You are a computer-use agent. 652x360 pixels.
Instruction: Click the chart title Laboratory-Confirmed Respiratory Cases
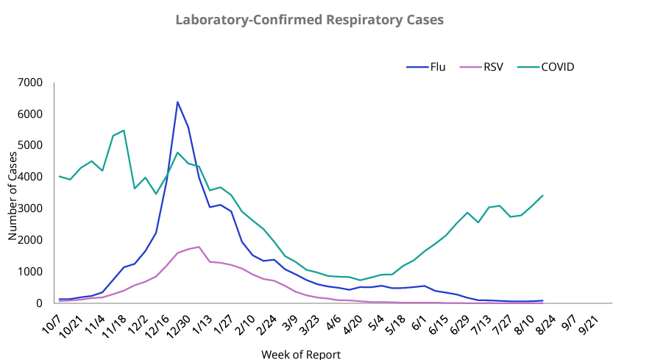309,20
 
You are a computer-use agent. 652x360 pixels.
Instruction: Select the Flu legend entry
438,67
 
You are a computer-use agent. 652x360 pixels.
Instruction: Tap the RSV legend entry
493,67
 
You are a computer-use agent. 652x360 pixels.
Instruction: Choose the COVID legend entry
557,67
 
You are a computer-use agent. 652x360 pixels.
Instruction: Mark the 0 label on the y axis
41,303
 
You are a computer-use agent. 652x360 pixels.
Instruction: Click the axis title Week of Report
301,354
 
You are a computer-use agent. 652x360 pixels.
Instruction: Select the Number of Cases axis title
13,193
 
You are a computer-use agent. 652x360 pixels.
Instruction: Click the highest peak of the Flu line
177,102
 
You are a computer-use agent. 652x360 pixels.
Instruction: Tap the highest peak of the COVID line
124,130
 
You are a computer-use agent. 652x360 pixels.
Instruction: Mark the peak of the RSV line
199,247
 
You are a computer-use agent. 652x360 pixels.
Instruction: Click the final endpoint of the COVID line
542,196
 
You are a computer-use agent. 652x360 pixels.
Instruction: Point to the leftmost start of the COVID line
60,176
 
